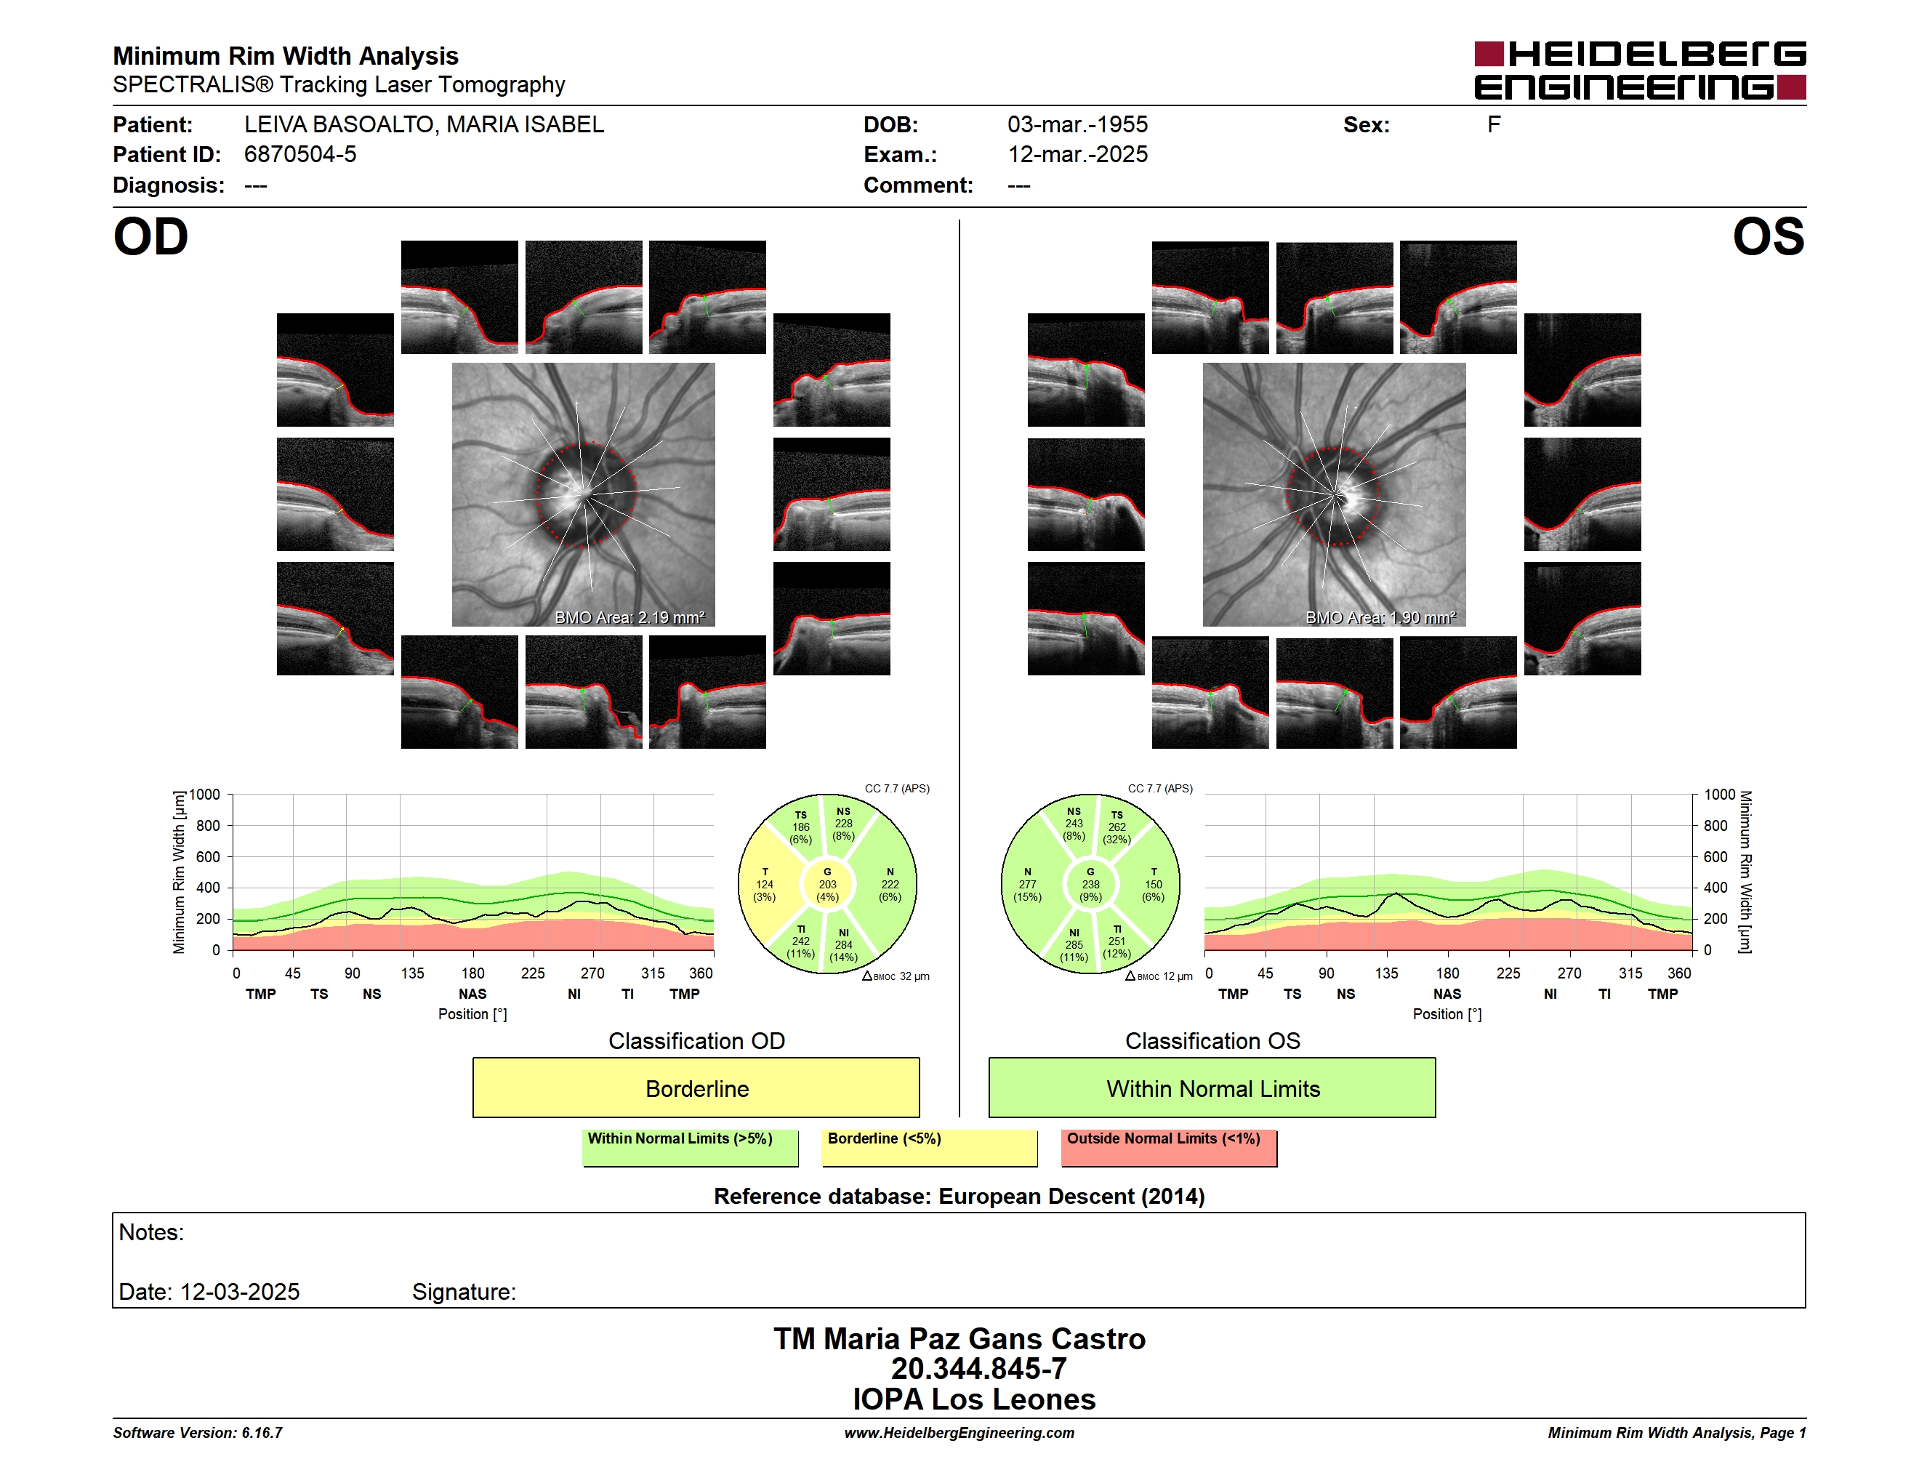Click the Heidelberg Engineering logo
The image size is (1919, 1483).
coord(1640,71)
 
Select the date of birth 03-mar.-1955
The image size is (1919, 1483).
coord(1077,125)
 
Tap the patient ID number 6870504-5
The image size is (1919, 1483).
coord(300,155)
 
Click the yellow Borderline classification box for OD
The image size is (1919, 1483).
coord(696,1088)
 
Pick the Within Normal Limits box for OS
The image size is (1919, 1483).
coord(1212,1088)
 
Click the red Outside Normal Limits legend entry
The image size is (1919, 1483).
coord(1169,1147)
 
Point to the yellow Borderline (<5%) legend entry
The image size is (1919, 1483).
coord(930,1147)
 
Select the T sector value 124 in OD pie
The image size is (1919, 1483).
coord(765,885)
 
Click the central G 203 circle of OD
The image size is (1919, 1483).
coord(826,885)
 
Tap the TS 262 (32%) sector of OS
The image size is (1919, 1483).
coord(1117,827)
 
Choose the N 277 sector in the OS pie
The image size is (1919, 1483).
coord(1027,885)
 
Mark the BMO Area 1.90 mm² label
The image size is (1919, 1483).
coord(1380,618)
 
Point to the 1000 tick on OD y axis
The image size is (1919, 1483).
coord(205,795)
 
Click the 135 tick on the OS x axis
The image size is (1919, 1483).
coord(1386,973)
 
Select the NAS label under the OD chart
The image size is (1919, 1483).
coord(472,994)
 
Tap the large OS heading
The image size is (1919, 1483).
coord(1768,237)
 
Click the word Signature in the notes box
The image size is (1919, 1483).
coord(464,1292)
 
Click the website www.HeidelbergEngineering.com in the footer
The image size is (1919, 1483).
coord(959,1433)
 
